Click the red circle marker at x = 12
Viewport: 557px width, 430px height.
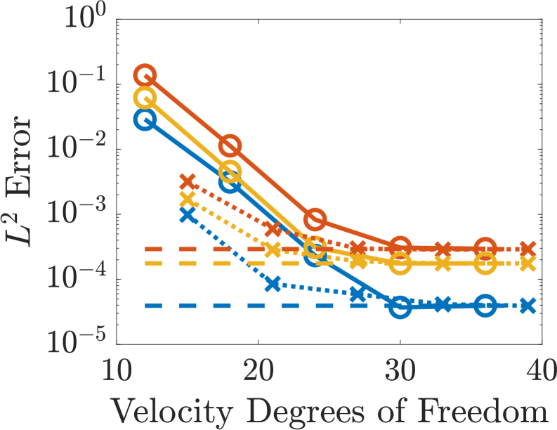click(x=145, y=74)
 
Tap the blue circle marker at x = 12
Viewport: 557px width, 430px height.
click(x=145, y=119)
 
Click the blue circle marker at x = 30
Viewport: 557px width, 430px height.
click(x=400, y=307)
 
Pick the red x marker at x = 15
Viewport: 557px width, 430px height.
click(x=188, y=181)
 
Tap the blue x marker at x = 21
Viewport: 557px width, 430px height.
click(x=273, y=285)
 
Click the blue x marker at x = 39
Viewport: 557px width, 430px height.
click(x=528, y=306)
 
